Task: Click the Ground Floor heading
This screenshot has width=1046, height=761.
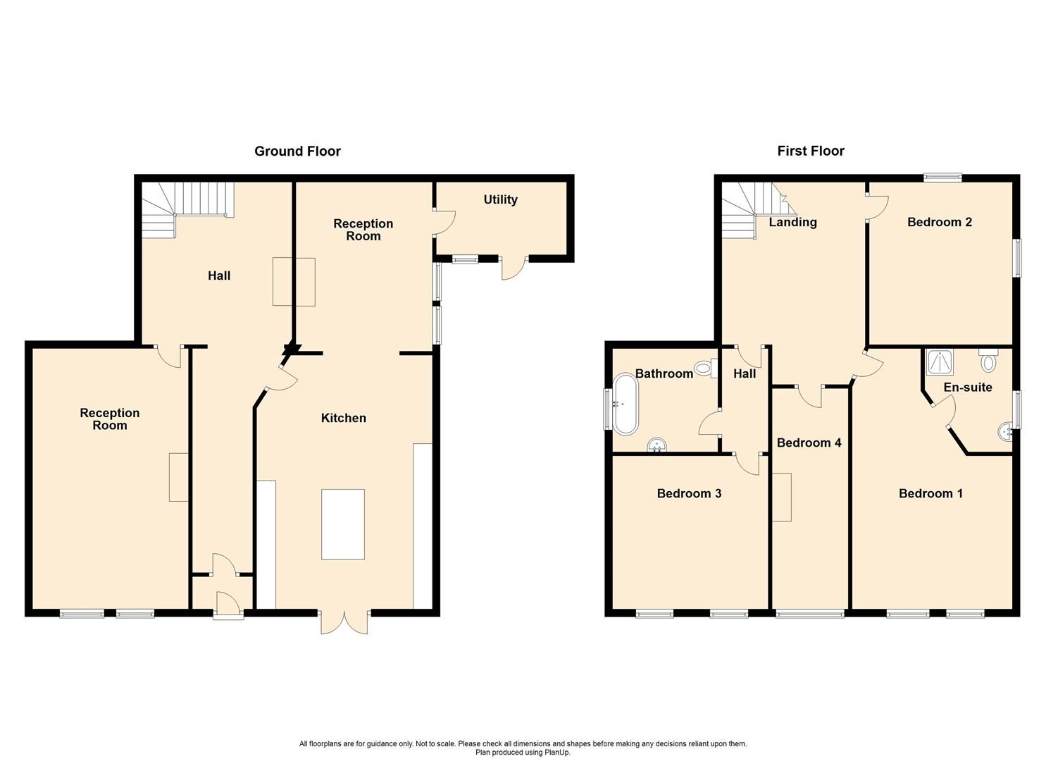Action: coord(297,151)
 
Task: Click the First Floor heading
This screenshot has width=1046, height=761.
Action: coord(810,151)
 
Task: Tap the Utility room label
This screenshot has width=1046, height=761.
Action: coord(500,199)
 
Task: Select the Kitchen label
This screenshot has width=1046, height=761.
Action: coord(343,418)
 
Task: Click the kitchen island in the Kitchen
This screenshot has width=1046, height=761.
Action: coord(343,524)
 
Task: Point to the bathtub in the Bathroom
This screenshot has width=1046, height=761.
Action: coord(625,404)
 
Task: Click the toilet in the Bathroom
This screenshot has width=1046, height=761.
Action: coord(704,367)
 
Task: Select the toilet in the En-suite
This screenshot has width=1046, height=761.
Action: coord(988,360)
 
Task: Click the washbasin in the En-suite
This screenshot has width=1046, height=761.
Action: coord(1004,430)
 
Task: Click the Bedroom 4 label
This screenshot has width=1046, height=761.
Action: coord(809,443)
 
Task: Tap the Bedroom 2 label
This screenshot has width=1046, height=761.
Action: coord(939,222)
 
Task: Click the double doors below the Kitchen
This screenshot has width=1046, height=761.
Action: coord(344,621)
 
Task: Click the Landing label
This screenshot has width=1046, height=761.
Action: coord(792,222)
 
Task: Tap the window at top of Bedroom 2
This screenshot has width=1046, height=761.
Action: coord(942,178)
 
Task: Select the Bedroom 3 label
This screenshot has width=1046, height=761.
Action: coord(688,493)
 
